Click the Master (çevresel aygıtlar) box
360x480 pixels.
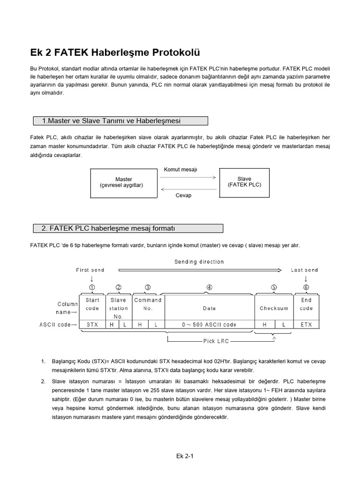click(x=123, y=182)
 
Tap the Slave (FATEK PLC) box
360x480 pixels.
click(x=244, y=182)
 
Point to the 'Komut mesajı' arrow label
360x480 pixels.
click(x=180, y=169)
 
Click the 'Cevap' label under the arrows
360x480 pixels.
click(x=183, y=195)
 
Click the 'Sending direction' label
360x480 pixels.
click(x=199, y=262)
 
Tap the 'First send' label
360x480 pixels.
click(x=90, y=270)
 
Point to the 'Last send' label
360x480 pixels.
click(x=304, y=270)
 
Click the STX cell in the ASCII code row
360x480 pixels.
click(x=92, y=324)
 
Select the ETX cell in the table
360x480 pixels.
click(x=306, y=324)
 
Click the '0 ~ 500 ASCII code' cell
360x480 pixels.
click(x=209, y=324)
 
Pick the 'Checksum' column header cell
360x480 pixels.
click(x=274, y=308)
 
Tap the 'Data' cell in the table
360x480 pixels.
click(x=209, y=308)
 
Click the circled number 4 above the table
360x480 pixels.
click(x=209, y=287)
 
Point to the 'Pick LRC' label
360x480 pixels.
click(x=216, y=341)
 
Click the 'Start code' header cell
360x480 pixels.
click(x=92, y=304)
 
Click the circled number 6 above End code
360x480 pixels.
click(x=306, y=287)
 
